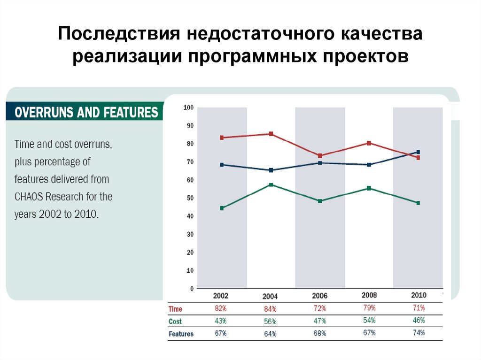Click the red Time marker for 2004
tap(271, 134)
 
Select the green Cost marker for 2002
tap(222, 208)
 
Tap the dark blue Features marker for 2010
tap(418, 152)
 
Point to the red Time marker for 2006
tap(320, 155)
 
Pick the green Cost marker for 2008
tap(369, 188)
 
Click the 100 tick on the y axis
tap(188, 107)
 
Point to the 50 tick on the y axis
tap(190, 198)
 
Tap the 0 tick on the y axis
tap(192, 289)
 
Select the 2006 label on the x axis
tap(319, 296)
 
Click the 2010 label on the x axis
tap(418, 295)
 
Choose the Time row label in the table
tap(175, 309)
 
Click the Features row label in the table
tap(181, 334)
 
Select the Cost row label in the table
tap(175, 322)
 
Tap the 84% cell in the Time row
tap(270, 309)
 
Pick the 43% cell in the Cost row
tap(220, 321)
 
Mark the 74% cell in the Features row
tap(418, 332)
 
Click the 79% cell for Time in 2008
tap(369, 308)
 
